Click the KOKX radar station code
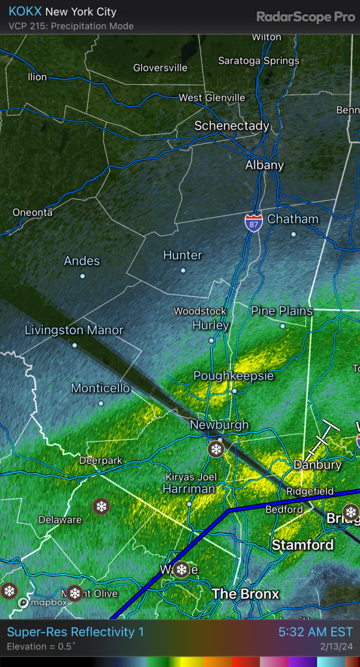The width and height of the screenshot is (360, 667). coord(23,12)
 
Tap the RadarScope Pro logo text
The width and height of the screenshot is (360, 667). coord(305,17)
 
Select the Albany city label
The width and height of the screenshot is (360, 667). coord(264,165)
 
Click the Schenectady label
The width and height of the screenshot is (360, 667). coord(231,126)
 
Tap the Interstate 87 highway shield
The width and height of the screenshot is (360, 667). coord(253,223)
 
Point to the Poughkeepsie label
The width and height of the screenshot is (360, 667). coord(234,376)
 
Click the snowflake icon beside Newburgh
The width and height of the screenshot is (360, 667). coord(215,449)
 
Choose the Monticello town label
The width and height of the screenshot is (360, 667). coord(100,388)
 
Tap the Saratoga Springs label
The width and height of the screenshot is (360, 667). coord(258,61)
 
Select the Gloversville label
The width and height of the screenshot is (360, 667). coord(160,68)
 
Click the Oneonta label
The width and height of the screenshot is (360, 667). coord(33,212)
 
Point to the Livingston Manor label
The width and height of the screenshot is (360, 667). coord(74,330)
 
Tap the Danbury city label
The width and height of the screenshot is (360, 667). coord(317,465)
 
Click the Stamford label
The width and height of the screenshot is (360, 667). coord(302,545)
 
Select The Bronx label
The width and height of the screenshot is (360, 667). coord(245,594)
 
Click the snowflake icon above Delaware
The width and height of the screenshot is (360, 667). coord(101,506)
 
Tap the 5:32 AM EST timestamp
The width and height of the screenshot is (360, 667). coord(315,632)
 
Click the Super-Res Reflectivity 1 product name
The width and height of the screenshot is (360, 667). coord(76,632)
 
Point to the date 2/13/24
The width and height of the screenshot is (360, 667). coord(337,647)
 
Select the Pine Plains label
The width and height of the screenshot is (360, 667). coord(282,311)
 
